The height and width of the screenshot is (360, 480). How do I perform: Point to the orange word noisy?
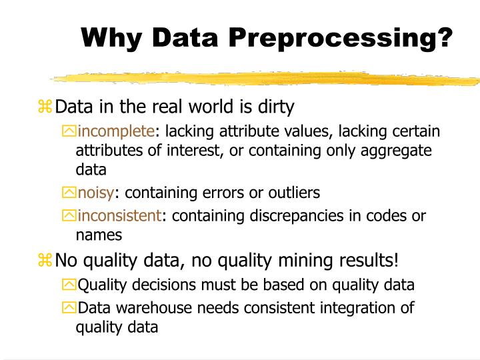(x=96, y=193)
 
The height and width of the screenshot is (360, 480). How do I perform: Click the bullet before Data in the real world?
(x=45, y=107)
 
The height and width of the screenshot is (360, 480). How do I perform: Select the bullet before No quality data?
(x=45, y=259)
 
